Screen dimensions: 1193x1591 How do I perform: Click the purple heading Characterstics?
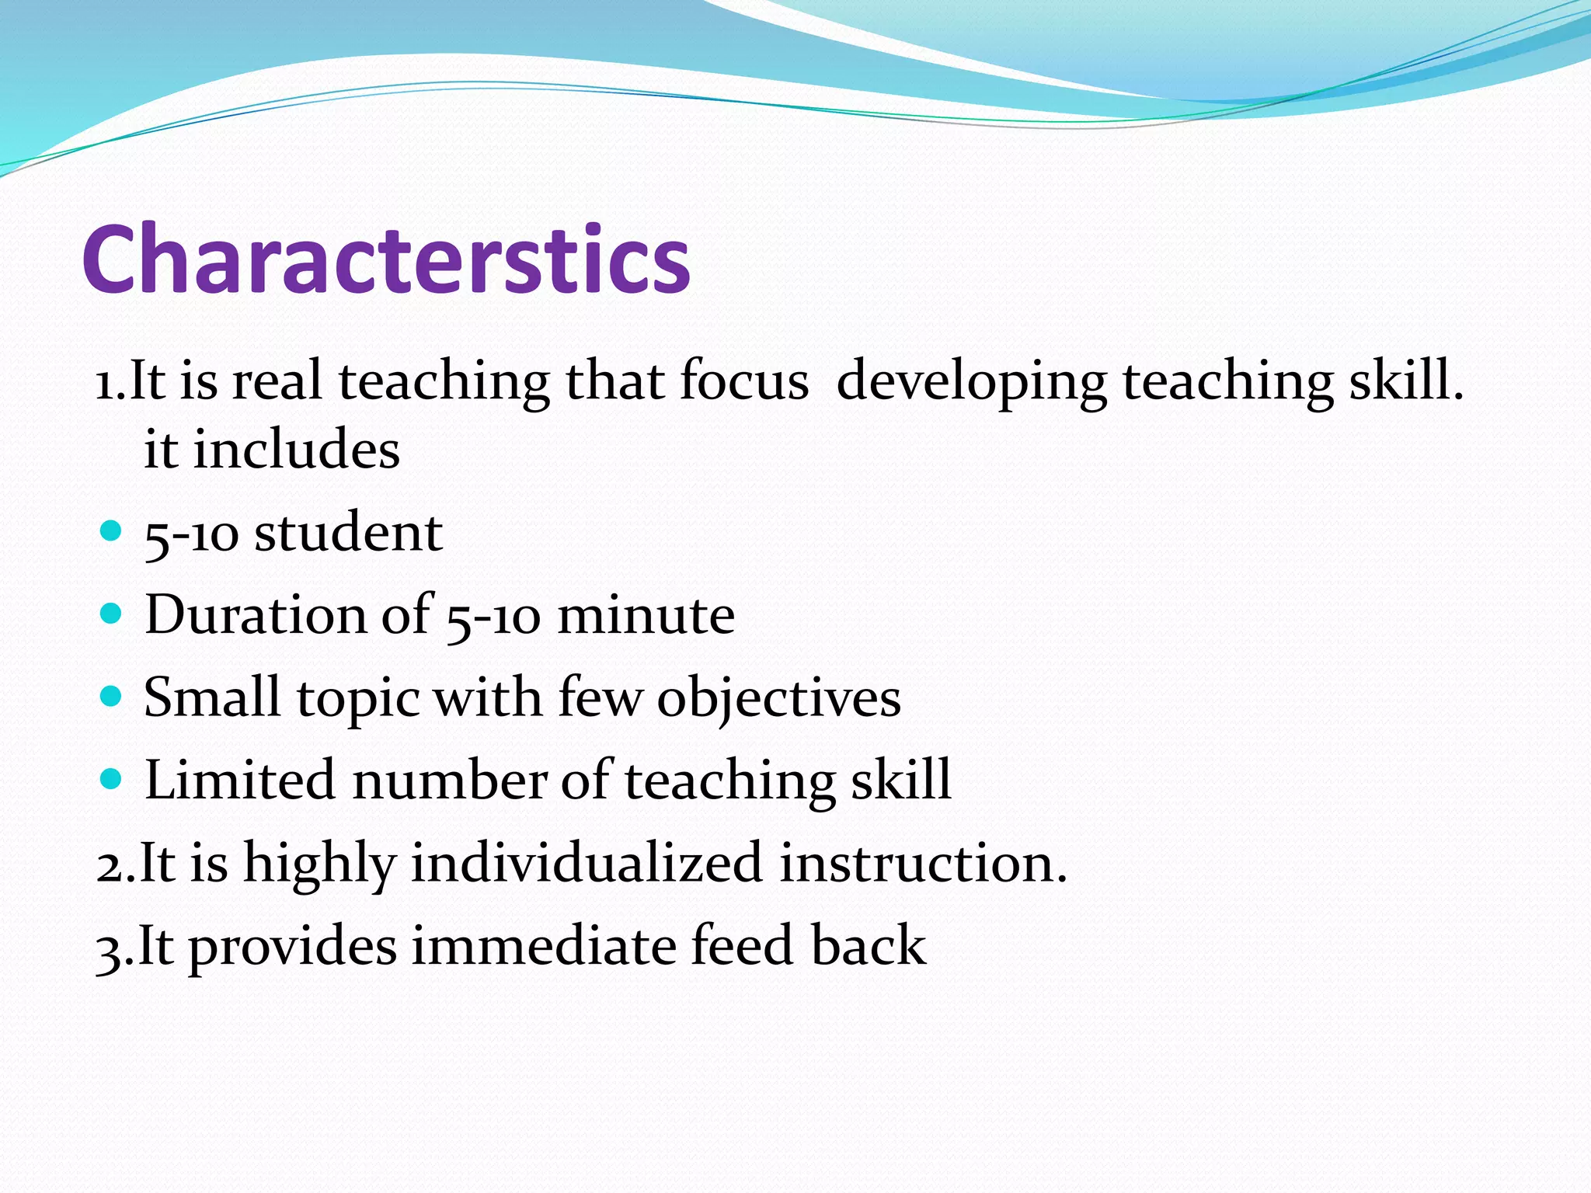click(x=386, y=259)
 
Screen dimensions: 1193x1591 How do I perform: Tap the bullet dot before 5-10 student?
click(x=112, y=531)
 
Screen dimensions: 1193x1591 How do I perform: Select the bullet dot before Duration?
click(x=112, y=614)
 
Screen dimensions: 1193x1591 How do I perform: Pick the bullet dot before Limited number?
click(x=112, y=779)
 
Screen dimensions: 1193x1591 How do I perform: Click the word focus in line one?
click(x=743, y=382)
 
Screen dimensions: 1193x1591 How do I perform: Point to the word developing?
click(x=971, y=382)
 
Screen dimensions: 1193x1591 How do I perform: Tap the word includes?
click(x=296, y=450)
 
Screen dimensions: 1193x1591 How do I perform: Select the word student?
click(x=349, y=534)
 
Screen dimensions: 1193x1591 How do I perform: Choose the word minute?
click(x=646, y=616)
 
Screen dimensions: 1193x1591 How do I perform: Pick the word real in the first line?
click(x=277, y=382)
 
